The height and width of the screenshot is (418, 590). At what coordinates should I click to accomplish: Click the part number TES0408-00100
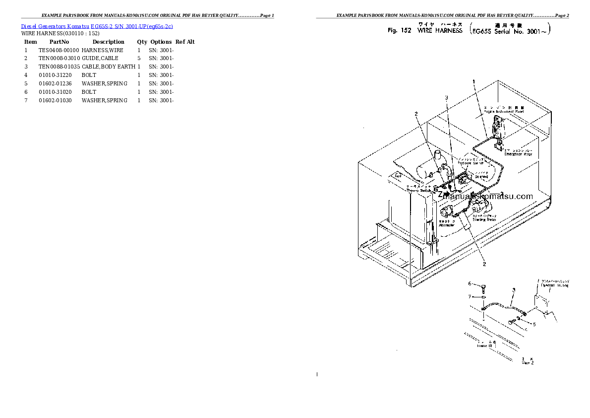click(59, 50)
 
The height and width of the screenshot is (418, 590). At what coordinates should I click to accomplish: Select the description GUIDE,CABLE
click(100, 59)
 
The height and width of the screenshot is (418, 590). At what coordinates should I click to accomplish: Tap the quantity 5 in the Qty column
click(139, 59)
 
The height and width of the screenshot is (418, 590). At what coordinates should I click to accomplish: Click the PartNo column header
click(59, 42)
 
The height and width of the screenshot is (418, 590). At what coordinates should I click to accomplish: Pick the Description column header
click(108, 42)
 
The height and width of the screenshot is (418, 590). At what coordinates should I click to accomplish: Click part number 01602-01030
click(55, 100)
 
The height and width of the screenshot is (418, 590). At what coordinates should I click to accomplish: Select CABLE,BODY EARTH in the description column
click(108, 67)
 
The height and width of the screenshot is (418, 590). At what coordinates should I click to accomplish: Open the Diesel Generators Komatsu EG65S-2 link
click(97, 26)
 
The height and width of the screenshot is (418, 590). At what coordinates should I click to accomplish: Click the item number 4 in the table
click(26, 75)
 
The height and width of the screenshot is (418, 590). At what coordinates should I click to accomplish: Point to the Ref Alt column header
click(185, 42)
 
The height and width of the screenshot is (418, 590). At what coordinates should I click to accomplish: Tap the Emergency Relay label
click(518, 154)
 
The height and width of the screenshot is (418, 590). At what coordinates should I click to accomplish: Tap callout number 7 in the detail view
click(470, 296)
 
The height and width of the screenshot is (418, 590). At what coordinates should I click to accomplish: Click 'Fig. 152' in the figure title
click(400, 30)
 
